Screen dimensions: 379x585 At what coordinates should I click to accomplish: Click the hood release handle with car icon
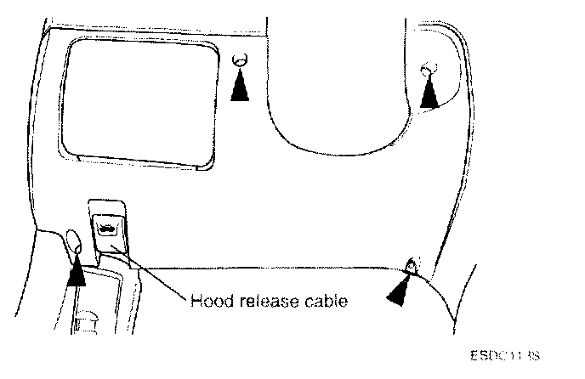click(x=107, y=228)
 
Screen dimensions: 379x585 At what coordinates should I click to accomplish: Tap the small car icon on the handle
click(x=107, y=227)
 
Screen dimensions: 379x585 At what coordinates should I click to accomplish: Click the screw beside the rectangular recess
click(x=241, y=61)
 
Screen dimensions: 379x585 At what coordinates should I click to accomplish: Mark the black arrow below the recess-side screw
click(x=241, y=86)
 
